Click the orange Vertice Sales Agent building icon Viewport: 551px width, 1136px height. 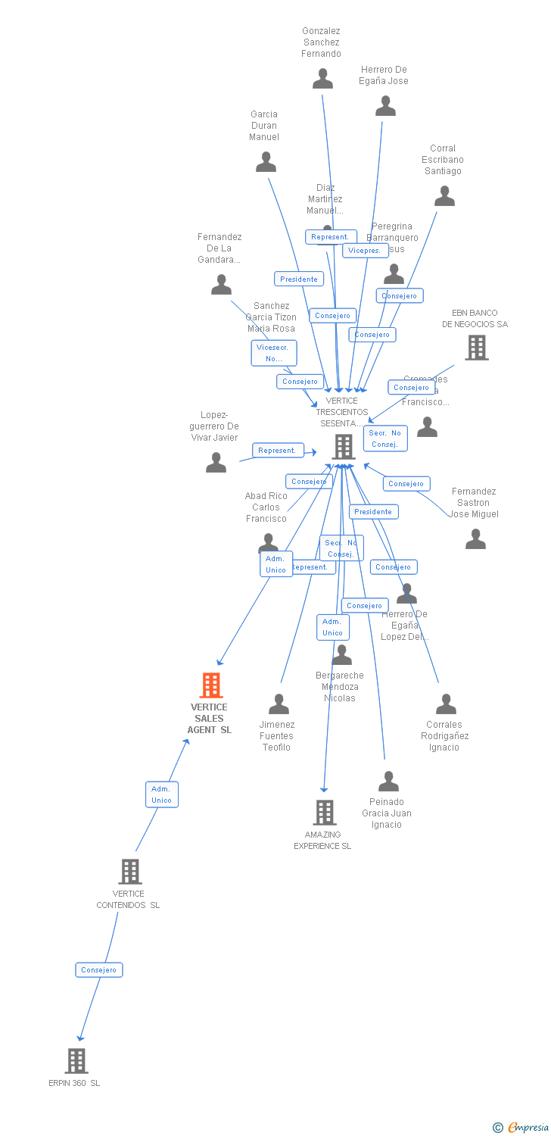pos(210,685)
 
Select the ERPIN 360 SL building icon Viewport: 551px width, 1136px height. pos(76,1061)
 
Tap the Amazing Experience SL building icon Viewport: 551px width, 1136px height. pos(325,813)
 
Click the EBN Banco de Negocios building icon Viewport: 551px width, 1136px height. pos(476,348)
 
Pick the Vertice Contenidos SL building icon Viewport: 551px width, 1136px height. pos(130,872)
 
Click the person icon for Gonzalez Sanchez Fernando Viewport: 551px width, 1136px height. pos(322,79)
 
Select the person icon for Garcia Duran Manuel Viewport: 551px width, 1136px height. pos(266,162)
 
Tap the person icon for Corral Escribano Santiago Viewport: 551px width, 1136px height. pos(444,196)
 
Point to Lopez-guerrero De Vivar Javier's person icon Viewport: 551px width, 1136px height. pos(216,462)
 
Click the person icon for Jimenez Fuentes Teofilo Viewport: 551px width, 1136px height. pos(279,704)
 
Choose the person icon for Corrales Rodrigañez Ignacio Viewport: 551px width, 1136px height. pos(446,704)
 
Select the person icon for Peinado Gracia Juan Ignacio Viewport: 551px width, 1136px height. pos(388,781)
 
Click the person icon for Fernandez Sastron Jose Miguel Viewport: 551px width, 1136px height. pos(475,539)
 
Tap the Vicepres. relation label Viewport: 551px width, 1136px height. pos(365,251)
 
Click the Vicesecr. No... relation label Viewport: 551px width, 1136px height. pos(274,353)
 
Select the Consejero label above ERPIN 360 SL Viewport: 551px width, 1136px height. pos(99,970)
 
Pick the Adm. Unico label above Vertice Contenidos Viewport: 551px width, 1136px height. pos(162,794)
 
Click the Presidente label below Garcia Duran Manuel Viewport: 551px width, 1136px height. pos(299,279)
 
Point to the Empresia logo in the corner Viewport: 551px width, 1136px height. pos(521,1128)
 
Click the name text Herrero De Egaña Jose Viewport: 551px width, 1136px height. pos(384,75)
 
